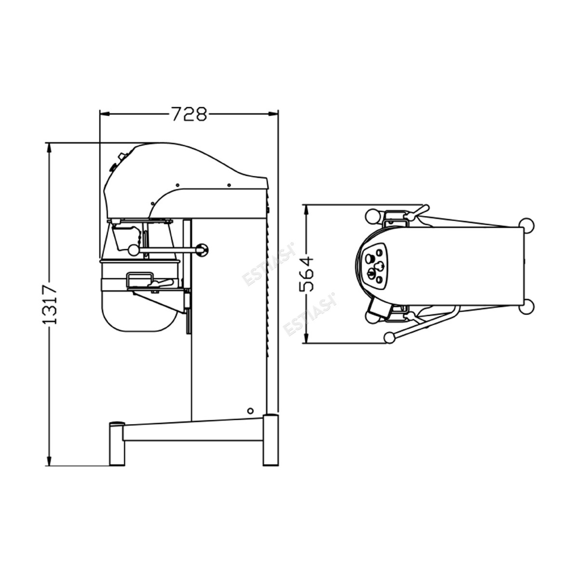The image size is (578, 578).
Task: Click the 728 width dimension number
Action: point(190,114)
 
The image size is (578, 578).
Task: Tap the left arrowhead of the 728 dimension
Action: point(105,114)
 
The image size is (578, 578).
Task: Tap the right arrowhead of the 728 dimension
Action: point(273,114)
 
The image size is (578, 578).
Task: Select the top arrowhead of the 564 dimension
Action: point(306,210)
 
